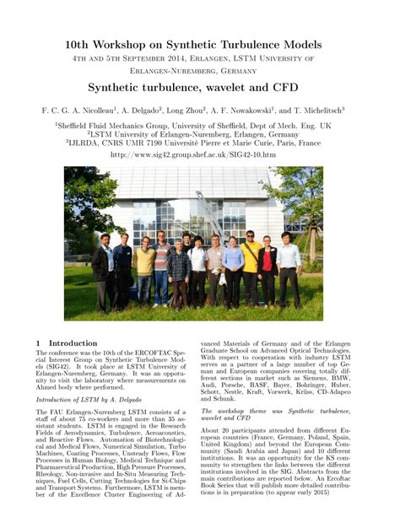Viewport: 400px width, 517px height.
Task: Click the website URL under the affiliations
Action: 199,155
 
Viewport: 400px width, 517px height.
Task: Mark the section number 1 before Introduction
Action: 39,343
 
